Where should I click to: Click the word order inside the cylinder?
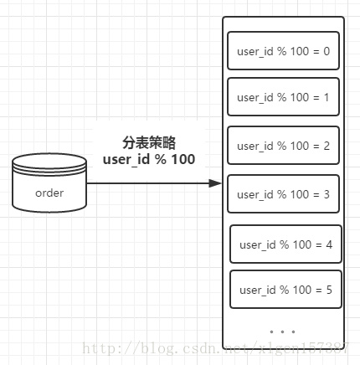49,193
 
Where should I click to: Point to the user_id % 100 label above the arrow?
149,159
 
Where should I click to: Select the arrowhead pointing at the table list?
217,182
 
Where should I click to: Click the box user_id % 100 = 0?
283,51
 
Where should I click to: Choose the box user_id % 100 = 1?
283,97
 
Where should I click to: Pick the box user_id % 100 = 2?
283,146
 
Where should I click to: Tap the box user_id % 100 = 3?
283,194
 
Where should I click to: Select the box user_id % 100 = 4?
285,244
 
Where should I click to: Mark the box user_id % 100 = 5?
285,290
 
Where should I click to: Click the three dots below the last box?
283,332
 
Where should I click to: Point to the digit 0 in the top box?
326,51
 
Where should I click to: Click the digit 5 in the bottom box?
329,290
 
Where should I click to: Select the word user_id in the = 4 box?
257,245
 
